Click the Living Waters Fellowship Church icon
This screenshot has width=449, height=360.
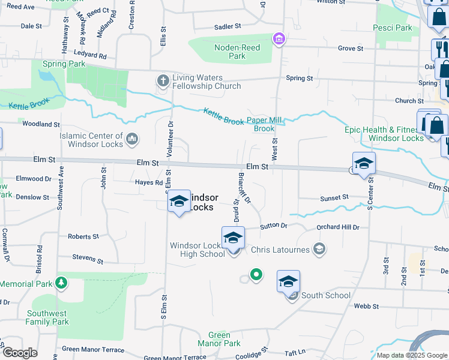[x=163, y=80]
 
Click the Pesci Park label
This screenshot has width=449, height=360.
[x=392, y=28]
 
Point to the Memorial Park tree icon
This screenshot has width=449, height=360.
[x=61, y=282]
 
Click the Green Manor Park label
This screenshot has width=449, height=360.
[x=224, y=339]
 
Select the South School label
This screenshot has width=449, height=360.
[x=325, y=295]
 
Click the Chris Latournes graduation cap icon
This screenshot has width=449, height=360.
[x=320, y=248]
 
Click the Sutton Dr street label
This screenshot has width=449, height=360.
[x=274, y=226]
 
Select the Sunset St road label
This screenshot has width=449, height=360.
[x=334, y=197]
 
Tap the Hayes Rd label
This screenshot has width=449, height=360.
[x=149, y=182]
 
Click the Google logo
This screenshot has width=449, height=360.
[x=20, y=352]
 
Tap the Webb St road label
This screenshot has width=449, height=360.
[x=366, y=306]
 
